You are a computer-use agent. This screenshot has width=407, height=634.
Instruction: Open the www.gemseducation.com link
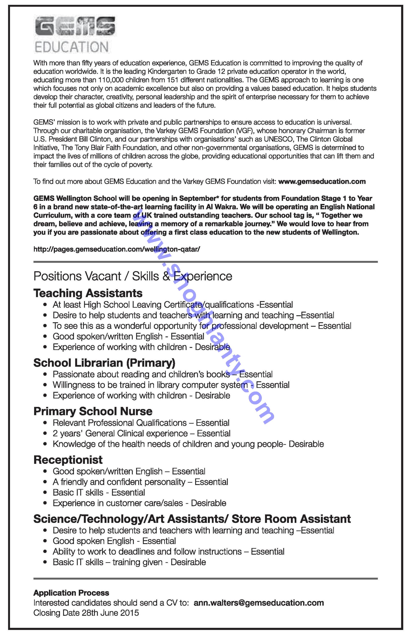click(322, 182)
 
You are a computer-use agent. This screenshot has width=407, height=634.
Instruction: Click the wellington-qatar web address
click(117, 249)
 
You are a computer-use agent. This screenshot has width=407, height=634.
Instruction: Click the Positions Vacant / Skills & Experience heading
click(133, 276)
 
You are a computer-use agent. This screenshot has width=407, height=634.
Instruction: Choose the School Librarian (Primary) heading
click(104, 363)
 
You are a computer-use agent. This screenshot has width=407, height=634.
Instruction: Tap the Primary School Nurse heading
click(93, 411)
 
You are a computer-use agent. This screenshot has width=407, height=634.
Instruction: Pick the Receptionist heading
click(68, 460)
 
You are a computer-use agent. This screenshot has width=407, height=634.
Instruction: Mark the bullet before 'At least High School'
click(46, 305)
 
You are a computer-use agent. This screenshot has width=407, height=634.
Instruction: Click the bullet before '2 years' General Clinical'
click(46, 434)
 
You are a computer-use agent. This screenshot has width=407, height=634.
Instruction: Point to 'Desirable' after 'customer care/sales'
click(208, 503)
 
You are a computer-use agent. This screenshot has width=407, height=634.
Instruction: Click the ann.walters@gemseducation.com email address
click(258, 603)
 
